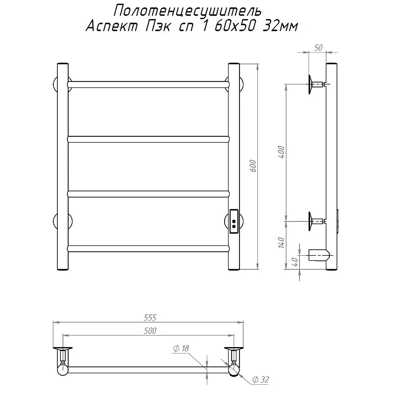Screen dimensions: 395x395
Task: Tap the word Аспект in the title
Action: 112,26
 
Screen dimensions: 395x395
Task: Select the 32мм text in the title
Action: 280,26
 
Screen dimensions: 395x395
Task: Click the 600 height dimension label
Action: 253,166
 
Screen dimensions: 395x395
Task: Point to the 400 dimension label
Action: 281,152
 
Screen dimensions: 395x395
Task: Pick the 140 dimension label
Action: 281,243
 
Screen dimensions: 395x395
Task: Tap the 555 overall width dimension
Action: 150,317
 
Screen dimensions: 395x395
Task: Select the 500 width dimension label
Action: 150,330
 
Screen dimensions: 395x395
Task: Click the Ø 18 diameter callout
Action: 181,349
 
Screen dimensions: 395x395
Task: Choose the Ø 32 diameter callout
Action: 261,380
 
